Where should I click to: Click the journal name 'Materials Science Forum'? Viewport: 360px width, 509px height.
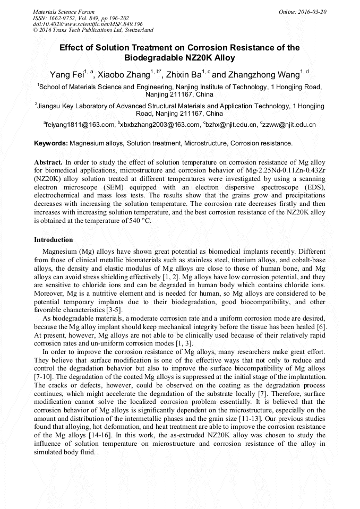[x=64, y=11]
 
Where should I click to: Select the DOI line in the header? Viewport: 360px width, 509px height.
[x=88, y=24]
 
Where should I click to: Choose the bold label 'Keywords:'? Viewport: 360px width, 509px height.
[x=51, y=143]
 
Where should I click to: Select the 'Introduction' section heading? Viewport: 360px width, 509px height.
[x=54, y=239]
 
